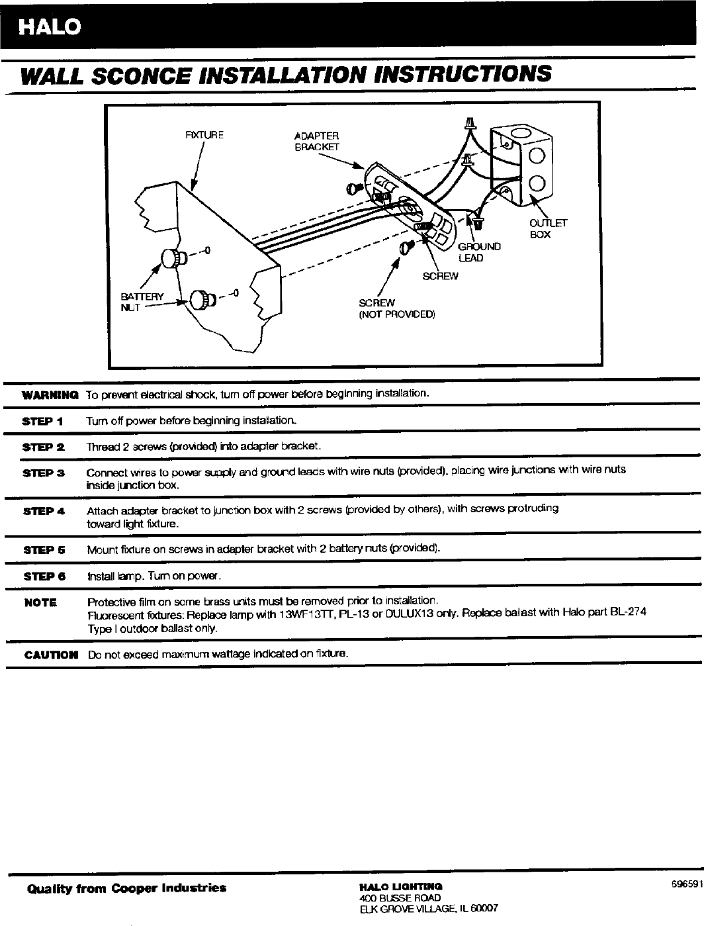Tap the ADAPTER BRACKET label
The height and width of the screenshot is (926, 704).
pos(316,141)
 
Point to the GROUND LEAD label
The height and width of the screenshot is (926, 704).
pos(479,252)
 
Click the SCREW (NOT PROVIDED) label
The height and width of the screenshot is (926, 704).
pos(396,308)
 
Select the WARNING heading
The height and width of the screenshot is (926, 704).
pos(50,395)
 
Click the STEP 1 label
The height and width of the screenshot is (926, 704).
pos(42,421)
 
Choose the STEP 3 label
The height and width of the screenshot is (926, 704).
pos(42,473)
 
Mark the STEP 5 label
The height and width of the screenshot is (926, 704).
pos(42,549)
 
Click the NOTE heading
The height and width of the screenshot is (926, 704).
pos(41,602)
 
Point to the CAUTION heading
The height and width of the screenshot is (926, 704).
pos(50,655)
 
